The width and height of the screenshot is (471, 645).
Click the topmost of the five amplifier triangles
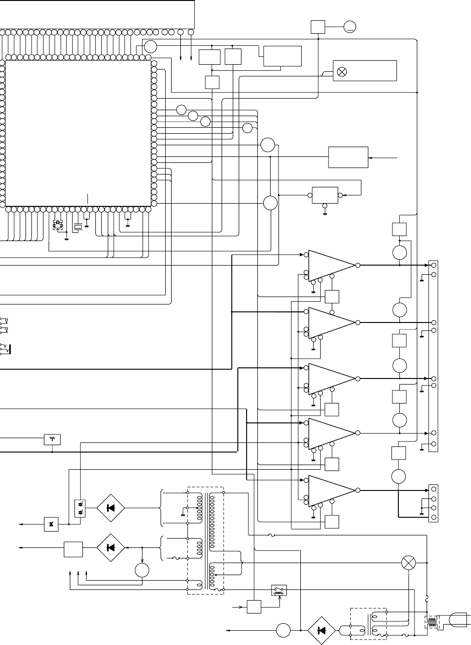[330, 265]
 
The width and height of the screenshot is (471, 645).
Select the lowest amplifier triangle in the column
[330, 490]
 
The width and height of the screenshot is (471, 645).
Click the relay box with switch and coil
[279, 591]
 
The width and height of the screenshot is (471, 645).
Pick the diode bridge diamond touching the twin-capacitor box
[111, 508]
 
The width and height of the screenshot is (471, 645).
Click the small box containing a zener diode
[51, 524]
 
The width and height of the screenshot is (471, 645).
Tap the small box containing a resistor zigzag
[53, 439]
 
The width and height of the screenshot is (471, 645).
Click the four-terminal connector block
[433, 503]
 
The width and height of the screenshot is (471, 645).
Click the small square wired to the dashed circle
[318, 27]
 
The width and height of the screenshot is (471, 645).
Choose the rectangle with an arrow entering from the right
[348, 158]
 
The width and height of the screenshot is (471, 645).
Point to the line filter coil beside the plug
[433, 622]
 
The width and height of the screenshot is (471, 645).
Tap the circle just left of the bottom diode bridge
[283, 630]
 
